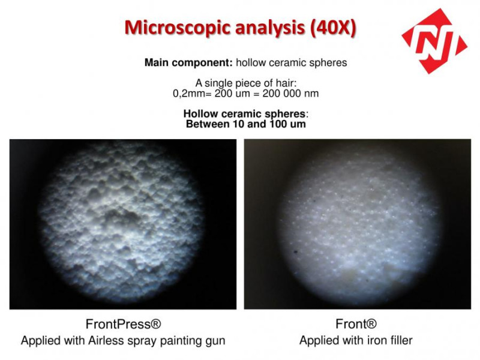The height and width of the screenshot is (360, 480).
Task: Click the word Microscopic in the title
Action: click(177, 28)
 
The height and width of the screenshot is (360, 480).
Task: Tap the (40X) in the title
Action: click(334, 28)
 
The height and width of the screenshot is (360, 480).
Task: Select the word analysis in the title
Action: click(270, 28)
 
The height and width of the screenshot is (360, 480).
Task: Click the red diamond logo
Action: click(434, 41)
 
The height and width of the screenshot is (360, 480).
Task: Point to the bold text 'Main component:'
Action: click(188, 62)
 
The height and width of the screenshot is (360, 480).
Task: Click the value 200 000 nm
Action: click(290, 94)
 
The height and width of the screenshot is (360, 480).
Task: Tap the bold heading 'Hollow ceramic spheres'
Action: click(244, 114)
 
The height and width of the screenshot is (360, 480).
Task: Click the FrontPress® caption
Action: click(123, 324)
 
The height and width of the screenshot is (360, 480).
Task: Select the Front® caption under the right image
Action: click(356, 324)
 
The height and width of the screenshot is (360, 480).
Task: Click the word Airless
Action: click(102, 340)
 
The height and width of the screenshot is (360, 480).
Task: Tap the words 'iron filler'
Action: click(384, 340)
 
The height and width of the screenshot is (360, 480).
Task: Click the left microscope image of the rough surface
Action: click(123, 224)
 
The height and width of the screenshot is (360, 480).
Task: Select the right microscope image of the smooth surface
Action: click(357, 224)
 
